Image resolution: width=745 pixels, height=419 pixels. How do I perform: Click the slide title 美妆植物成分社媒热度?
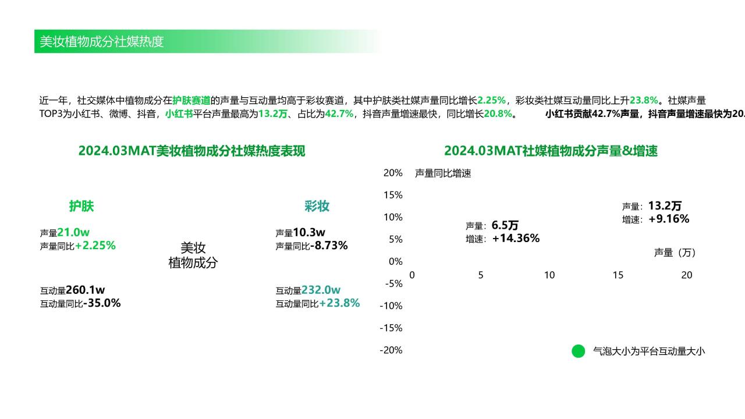[x=101, y=41]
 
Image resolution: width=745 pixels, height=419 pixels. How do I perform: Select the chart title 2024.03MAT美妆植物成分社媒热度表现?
[x=191, y=151]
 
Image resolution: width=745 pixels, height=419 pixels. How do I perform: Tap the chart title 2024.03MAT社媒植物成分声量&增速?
[x=551, y=151]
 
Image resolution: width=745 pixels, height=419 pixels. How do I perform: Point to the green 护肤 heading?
[x=81, y=206]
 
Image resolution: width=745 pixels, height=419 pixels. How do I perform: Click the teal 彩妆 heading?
[x=317, y=206]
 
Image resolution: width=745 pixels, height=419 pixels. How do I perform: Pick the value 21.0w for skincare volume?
[x=73, y=232]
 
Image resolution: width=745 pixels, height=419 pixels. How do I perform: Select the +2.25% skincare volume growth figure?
[x=95, y=246]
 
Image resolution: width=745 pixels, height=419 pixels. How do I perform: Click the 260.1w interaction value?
[x=85, y=290]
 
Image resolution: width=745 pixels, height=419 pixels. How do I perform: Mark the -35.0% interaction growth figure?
[x=102, y=303]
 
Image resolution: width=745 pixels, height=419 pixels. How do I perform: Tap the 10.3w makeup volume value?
[x=309, y=232]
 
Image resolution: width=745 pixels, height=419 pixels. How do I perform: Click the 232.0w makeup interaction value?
[x=321, y=290]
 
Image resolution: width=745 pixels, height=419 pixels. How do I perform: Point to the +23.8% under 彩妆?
[x=339, y=303]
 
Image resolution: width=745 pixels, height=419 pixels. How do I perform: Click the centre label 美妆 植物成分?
[x=193, y=255]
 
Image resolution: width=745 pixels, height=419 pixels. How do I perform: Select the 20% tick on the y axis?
[x=393, y=173]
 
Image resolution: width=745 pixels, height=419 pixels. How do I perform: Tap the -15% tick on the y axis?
[x=391, y=328]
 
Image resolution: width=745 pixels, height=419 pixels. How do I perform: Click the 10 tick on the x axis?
[x=549, y=275]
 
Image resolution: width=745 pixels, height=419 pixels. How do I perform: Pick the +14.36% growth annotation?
[x=516, y=238]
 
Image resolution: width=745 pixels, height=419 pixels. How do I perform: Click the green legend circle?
[x=579, y=351]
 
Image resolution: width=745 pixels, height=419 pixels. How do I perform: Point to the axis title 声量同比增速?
[x=443, y=173]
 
